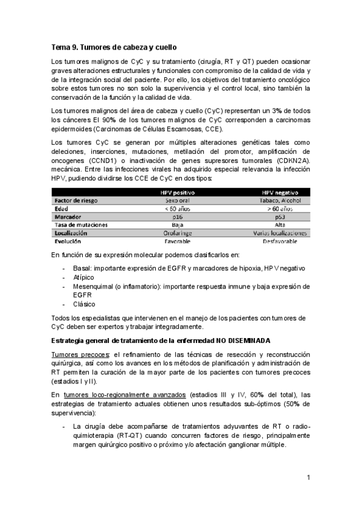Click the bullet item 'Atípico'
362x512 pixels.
point(83,277)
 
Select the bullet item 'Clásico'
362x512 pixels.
point(83,304)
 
